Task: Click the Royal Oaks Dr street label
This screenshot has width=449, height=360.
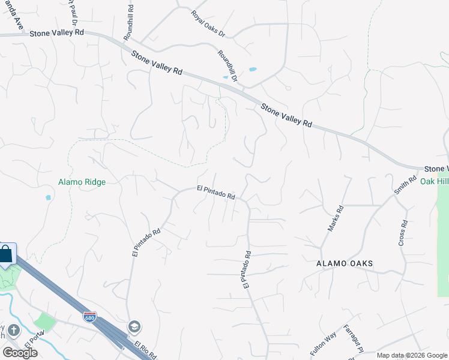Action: pyautogui.click(x=207, y=23)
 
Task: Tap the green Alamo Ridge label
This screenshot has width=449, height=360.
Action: pyautogui.click(x=82, y=182)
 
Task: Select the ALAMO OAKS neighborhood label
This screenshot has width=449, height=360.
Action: pyautogui.click(x=345, y=264)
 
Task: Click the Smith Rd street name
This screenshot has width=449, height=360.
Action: pyautogui.click(x=405, y=186)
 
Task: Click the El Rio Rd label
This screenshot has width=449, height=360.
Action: pyautogui.click(x=145, y=350)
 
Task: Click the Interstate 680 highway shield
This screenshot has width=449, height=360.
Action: pyautogui.click(x=89, y=316)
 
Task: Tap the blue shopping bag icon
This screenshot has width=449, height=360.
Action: pyautogui.click(x=5, y=254)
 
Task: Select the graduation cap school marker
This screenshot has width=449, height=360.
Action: pyautogui.click(x=134, y=327)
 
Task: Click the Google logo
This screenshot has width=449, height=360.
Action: pyautogui.click(x=20, y=352)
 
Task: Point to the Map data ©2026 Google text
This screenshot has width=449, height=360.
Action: pyautogui.click(x=412, y=355)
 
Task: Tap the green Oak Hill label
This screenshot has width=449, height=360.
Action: pyautogui.click(x=434, y=181)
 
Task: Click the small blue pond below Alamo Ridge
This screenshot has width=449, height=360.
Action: pyautogui.click(x=48, y=197)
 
